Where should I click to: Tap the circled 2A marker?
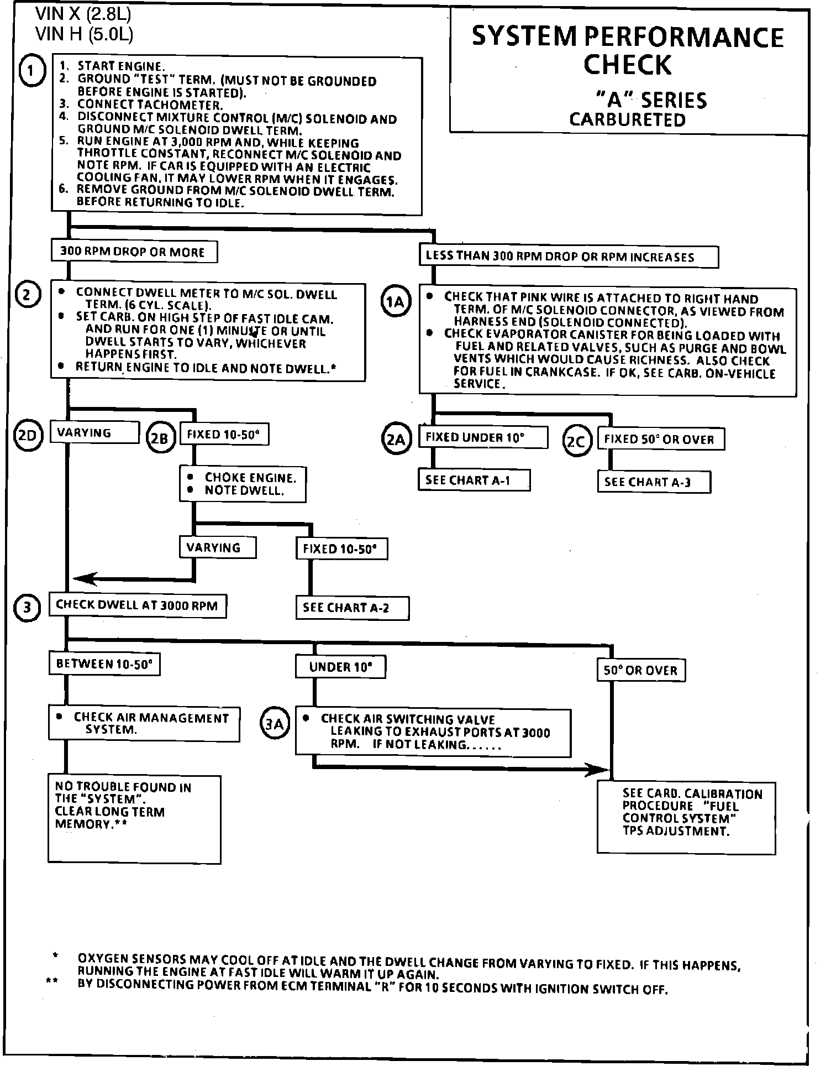pyautogui.click(x=396, y=440)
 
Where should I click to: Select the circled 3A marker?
pyautogui.click(x=274, y=723)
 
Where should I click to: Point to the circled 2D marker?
pyautogui.click(x=28, y=436)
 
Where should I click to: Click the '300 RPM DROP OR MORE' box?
pyautogui.click(x=134, y=252)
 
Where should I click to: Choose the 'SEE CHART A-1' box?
pyautogui.click(x=474, y=480)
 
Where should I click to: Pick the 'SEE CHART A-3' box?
pyautogui.click(x=654, y=482)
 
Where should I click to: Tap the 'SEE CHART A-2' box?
pyautogui.click(x=353, y=608)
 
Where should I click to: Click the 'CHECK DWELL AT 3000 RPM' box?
pyautogui.click(x=138, y=605)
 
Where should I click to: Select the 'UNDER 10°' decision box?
pyautogui.click(x=340, y=667)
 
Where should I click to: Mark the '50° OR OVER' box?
pyautogui.click(x=641, y=671)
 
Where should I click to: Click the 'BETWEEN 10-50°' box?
pyautogui.click(x=104, y=664)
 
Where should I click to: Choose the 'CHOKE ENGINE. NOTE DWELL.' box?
pyautogui.click(x=243, y=484)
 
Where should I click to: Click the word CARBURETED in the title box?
pyautogui.click(x=627, y=120)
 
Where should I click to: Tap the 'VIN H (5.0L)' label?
pyautogui.click(x=84, y=34)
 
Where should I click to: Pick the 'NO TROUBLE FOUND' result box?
pyautogui.click(x=134, y=818)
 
